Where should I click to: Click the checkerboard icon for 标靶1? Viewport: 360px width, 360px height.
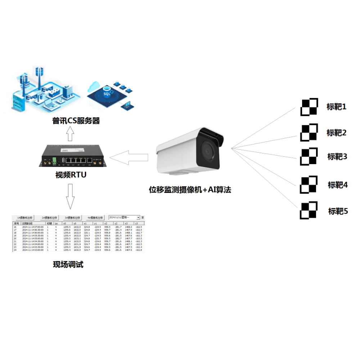[x=309, y=107]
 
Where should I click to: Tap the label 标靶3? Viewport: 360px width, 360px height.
[x=337, y=157]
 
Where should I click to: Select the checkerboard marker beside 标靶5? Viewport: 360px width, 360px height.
[x=309, y=210]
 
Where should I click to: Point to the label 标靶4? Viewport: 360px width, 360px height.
[x=338, y=185]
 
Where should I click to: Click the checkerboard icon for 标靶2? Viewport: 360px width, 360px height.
[x=309, y=132]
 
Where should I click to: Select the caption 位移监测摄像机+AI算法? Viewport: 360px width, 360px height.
[x=190, y=190]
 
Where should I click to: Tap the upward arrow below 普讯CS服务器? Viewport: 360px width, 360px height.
[x=70, y=135]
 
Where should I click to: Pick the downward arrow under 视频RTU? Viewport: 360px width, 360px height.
[x=70, y=196]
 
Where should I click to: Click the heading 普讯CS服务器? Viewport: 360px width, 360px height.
[x=76, y=121]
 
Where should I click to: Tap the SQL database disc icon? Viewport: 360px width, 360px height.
[x=107, y=94]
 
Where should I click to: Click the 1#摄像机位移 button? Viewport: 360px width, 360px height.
[x=25, y=218]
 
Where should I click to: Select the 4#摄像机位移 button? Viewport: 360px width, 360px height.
[x=95, y=218]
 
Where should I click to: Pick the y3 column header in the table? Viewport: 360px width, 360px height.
[x=137, y=223]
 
